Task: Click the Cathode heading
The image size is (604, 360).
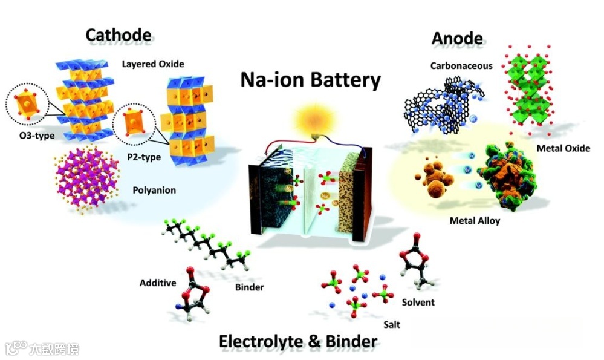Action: pyautogui.click(x=118, y=34)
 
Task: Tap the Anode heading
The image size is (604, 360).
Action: pyautogui.click(x=457, y=38)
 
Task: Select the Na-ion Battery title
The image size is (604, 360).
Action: pyautogui.click(x=311, y=80)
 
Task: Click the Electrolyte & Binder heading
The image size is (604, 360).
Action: pyautogui.click(x=298, y=341)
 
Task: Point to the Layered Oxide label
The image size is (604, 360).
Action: pyautogui.click(x=153, y=64)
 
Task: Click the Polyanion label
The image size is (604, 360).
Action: pyautogui.click(x=154, y=190)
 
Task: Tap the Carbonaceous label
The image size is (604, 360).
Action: pyautogui.click(x=461, y=65)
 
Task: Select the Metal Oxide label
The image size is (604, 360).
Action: pyautogui.click(x=563, y=148)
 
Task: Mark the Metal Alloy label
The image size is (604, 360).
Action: pyautogui.click(x=475, y=221)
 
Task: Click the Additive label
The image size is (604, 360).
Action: pyautogui.click(x=158, y=283)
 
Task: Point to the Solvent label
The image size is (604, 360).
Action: pyautogui.click(x=418, y=302)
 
